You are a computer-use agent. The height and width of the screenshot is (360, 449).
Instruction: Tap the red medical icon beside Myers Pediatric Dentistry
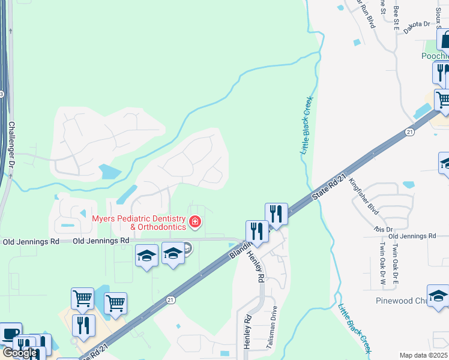pyautogui.click(x=194, y=223)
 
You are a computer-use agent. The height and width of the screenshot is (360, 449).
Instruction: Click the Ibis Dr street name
pyautogui.click(x=382, y=229)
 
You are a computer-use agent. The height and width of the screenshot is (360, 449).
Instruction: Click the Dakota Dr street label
pyautogui.click(x=417, y=24)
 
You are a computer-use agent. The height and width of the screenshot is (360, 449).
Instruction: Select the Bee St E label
pyautogui.click(x=396, y=19)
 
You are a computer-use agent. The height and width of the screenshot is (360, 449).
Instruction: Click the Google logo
pyautogui.click(x=19, y=353)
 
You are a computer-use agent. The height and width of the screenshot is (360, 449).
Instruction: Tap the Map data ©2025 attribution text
pyautogui.click(x=423, y=355)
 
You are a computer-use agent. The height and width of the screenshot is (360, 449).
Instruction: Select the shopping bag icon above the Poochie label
pyautogui.click(x=445, y=40)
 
